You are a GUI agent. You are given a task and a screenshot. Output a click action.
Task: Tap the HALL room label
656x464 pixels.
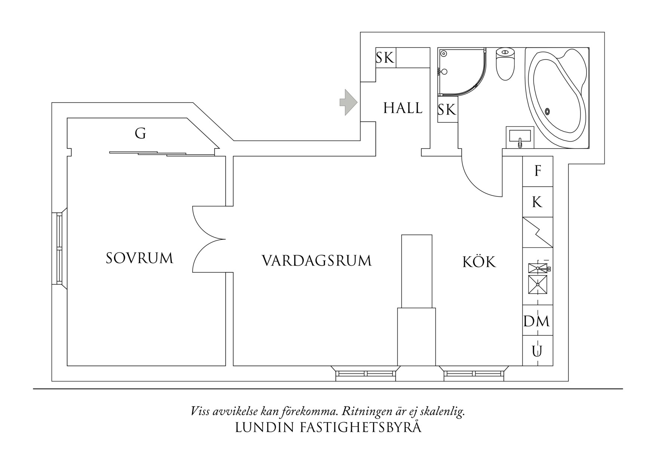(x=402, y=108)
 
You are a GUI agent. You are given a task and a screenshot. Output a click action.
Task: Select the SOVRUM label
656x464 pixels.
(x=140, y=258)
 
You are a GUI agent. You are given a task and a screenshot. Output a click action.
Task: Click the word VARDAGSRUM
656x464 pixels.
(x=316, y=260)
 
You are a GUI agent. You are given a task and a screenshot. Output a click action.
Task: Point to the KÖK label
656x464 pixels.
(x=479, y=262)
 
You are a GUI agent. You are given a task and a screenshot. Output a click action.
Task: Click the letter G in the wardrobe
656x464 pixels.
(x=140, y=133)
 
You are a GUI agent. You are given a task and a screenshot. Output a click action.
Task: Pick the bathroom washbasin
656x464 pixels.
(x=520, y=137)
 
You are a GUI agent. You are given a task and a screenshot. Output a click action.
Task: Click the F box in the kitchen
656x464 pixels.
(x=537, y=171)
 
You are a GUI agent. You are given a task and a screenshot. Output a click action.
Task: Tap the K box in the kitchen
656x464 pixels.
(x=537, y=202)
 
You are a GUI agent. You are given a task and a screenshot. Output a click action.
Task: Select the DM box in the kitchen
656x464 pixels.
(x=537, y=321)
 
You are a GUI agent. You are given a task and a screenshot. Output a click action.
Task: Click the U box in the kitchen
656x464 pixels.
(x=537, y=351)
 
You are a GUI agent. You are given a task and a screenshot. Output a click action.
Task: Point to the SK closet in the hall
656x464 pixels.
(x=385, y=58)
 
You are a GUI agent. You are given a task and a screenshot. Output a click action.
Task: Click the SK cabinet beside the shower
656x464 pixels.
(x=447, y=110)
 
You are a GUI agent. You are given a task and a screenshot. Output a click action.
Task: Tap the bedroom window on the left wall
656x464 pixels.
(x=59, y=248)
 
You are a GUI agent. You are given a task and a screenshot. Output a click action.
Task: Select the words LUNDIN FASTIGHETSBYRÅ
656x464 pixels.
(x=328, y=428)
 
